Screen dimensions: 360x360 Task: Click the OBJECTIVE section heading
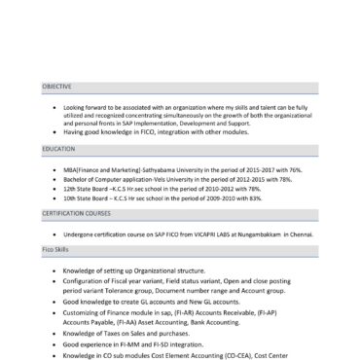click(56, 87)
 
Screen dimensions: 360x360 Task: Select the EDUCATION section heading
click(57, 148)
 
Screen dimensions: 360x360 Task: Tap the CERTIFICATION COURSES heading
click(80, 212)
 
